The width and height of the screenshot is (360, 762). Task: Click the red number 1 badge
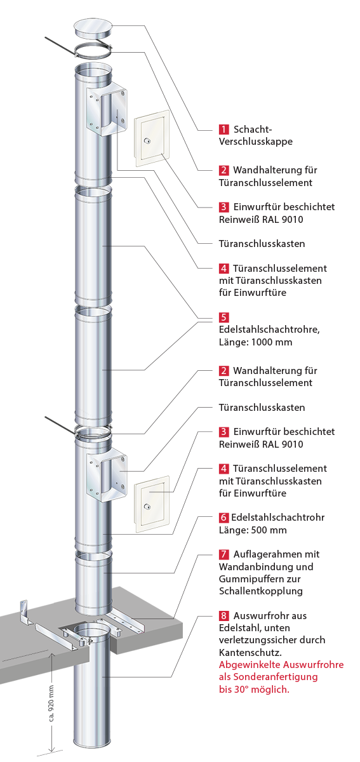(223, 130)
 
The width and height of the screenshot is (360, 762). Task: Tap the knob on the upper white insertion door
(147, 140)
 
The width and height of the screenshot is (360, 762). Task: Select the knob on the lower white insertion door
(147, 506)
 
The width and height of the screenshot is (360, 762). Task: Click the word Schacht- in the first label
(253, 130)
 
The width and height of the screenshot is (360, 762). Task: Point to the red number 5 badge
(223, 317)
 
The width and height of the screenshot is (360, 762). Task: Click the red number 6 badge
(223, 518)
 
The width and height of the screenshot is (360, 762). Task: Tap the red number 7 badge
(223, 554)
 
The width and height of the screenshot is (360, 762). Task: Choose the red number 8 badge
(223, 615)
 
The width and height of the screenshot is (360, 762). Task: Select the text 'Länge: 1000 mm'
(255, 342)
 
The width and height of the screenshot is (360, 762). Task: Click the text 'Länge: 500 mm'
(253, 530)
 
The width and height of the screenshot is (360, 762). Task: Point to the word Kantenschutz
(250, 653)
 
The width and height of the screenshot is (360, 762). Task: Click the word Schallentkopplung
(261, 591)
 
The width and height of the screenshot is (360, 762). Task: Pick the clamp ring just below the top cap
(93, 50)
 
